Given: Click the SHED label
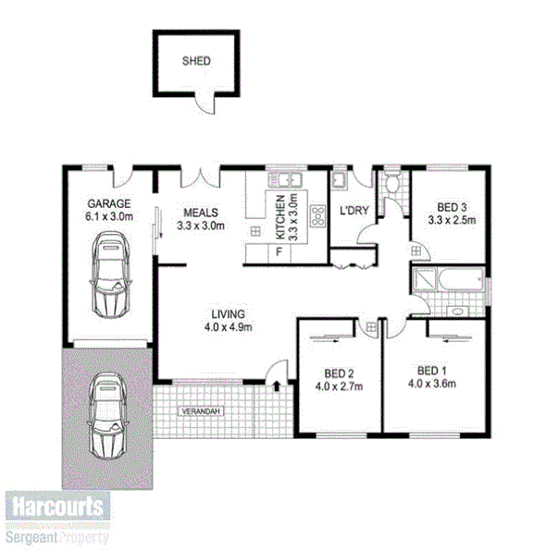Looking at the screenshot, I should click(x=196, y=61).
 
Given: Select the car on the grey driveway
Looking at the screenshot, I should click(x=109, y=417).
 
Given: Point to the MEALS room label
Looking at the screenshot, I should click(x=200, y=211).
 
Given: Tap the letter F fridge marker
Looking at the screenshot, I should click(x=278, y=251).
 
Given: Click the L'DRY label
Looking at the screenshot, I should click(x=354, y=211).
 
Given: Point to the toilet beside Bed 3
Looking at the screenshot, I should click(x=391, y=186).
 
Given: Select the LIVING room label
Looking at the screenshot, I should click(x=228, y=312).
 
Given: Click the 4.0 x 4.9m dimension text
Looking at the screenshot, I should click(x=228, y=326).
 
